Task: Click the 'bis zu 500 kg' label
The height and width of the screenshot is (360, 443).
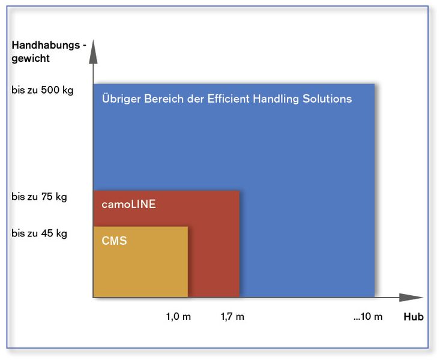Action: point(42,91)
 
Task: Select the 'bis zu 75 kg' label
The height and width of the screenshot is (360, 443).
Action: point(39,196)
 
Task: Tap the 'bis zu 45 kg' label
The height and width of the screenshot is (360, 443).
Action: point(39,233)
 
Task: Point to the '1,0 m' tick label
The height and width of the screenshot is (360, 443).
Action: point(178,317)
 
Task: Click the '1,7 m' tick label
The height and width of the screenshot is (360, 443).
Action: point(232,317)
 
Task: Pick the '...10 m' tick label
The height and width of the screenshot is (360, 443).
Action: point(367,317)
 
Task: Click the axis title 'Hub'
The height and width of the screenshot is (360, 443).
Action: point(413,317)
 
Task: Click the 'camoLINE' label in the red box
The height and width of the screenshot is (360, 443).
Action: point(128,205)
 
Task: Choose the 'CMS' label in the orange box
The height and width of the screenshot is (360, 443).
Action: point(114,241)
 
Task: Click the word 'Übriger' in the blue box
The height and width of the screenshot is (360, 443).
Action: point(121,99)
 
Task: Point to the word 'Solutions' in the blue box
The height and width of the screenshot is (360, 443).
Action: point(329,99)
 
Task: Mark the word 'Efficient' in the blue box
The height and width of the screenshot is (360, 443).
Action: point(234,99)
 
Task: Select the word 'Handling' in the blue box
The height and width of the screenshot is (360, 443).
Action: point(281,99)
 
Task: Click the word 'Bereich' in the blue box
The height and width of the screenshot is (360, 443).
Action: point(163,99)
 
